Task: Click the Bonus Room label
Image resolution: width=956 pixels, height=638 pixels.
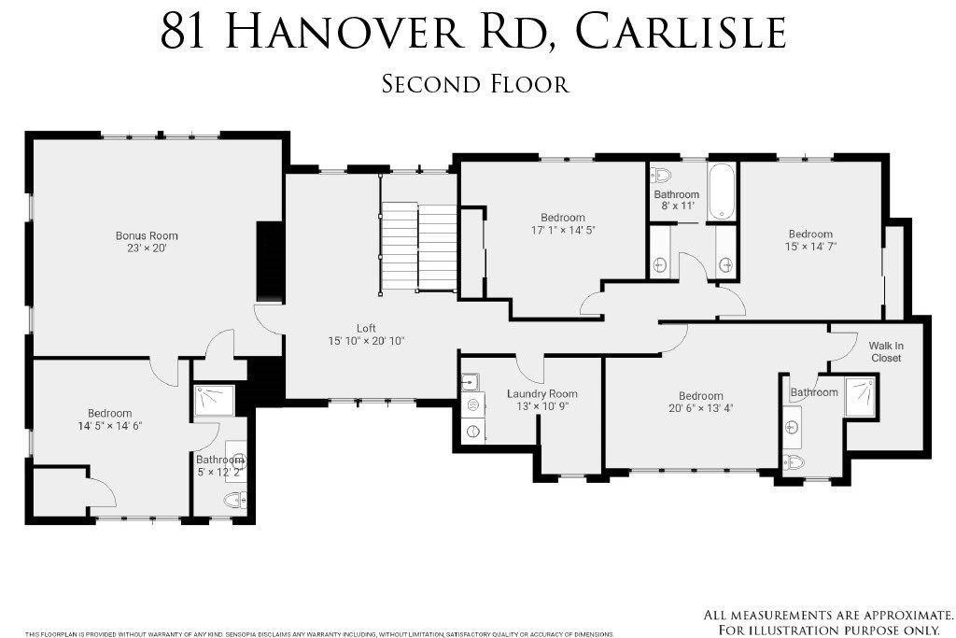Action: coord(147,235)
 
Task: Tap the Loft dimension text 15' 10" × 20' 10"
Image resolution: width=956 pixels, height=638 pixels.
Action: coord(366,341)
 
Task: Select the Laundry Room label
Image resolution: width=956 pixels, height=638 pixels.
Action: coord(542,394)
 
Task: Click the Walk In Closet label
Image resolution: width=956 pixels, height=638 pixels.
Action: coord(886,352)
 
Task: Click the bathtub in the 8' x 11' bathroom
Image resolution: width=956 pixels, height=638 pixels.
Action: coord(722,191)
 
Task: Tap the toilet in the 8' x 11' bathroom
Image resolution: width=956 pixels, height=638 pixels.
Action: coord(660,176)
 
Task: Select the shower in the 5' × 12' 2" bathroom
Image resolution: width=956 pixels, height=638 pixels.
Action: coord(214,401)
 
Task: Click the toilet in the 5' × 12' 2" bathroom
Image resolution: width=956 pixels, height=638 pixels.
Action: coord(235,501)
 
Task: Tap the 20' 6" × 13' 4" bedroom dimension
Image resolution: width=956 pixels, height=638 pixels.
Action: coord(700,408)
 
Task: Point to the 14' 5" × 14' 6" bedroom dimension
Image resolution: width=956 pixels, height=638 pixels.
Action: coord(110,426)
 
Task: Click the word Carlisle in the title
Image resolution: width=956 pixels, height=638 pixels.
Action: coord(681,33)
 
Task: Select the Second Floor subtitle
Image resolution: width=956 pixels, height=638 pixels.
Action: coord(475,84)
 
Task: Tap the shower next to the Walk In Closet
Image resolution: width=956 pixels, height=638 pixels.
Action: coord(861,397)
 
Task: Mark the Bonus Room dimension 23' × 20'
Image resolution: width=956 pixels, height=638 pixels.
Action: coord(147,248)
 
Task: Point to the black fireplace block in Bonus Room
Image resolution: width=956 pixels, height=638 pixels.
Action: coord(270,261)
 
